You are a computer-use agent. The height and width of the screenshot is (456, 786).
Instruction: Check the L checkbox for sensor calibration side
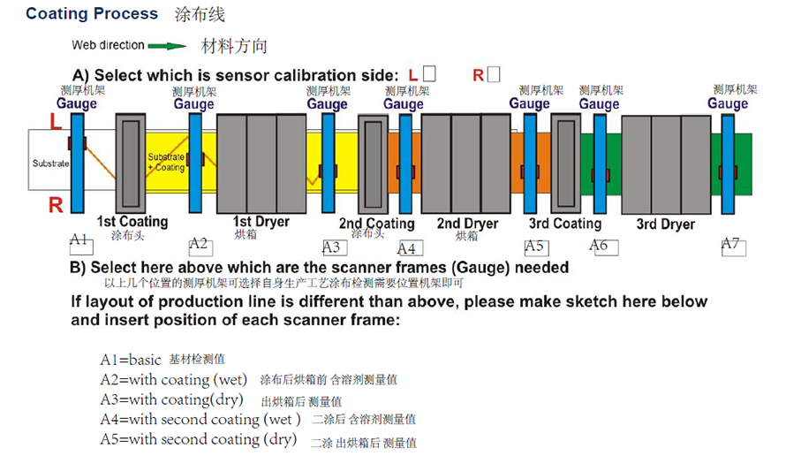429,73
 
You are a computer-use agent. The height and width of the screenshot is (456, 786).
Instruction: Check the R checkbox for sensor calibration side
494,74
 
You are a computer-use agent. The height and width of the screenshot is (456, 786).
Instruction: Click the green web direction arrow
166,46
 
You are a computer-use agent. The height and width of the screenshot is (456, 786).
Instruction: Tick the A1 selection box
81,247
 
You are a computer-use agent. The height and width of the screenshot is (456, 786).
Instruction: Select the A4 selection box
411,247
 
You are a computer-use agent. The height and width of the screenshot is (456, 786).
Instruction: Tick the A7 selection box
734,247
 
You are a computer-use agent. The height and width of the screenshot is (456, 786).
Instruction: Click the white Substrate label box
49,160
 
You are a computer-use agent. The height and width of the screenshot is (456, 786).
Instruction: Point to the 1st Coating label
132,221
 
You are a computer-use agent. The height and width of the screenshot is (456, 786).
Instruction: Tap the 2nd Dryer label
467,224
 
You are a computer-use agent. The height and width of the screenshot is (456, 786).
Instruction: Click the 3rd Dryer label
666,224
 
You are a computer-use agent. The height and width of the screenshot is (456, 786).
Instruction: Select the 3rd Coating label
565,224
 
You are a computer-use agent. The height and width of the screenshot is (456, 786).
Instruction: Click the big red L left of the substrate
56,121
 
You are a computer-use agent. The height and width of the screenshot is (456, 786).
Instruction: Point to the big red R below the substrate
56,205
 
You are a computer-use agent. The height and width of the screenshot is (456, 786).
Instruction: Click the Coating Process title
92,13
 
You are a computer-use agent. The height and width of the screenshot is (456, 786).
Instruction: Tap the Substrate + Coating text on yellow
166,162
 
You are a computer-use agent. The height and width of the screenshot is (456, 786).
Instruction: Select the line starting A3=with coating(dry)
221,400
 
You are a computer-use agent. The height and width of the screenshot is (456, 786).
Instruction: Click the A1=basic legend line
162,359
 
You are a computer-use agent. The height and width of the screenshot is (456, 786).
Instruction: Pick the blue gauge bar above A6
600,164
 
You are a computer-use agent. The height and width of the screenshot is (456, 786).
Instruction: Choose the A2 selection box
200,247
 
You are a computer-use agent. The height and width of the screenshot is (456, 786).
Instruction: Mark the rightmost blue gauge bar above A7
728,164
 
